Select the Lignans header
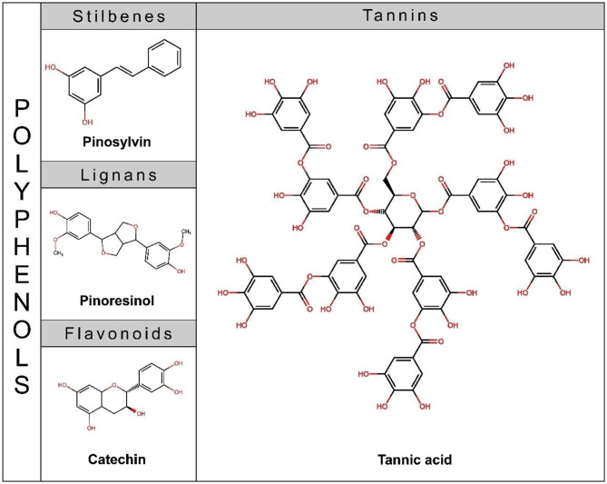118,173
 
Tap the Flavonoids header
118,333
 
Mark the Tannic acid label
400,459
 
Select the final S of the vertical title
20,384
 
